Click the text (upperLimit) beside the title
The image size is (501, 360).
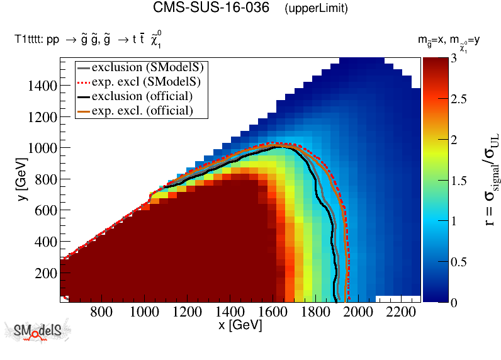(x=316, y=9)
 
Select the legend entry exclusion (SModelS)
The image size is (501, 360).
(x=150, y=67)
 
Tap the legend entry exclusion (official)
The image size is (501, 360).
(x=142, y=96)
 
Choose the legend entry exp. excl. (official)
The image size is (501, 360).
(x=142, y=110)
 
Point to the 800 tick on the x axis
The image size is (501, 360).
(x=102, y=312)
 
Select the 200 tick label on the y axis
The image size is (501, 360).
(x=47, y=273)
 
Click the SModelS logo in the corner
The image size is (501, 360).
(x=37, y=332)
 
